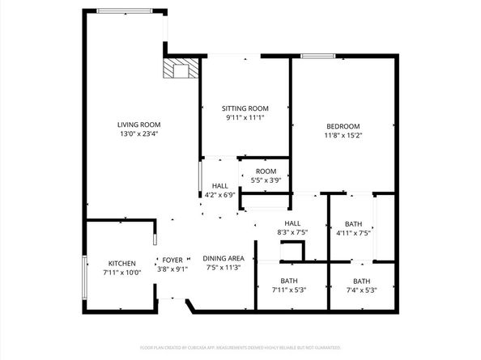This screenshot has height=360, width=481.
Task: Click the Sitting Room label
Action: [245, 108]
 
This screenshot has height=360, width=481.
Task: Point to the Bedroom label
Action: [343, 126]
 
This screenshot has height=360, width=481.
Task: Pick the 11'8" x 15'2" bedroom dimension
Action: [343, 136]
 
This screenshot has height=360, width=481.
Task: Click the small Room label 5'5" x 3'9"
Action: [266, 172]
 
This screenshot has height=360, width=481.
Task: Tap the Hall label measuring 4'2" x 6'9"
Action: [219, 185]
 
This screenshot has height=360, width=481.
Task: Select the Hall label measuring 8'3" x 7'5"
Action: [292, 223]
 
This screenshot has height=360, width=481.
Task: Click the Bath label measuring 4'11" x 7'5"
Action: [353, 224]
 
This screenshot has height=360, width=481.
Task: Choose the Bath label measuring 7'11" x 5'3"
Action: [289, 282]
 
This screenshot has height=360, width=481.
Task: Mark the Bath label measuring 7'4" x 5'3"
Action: [360, 282]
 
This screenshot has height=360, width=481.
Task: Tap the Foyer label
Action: [172, 260]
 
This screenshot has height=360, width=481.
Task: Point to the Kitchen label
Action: [122, 264]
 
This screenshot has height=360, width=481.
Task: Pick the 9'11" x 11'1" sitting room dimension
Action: [245, 117]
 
